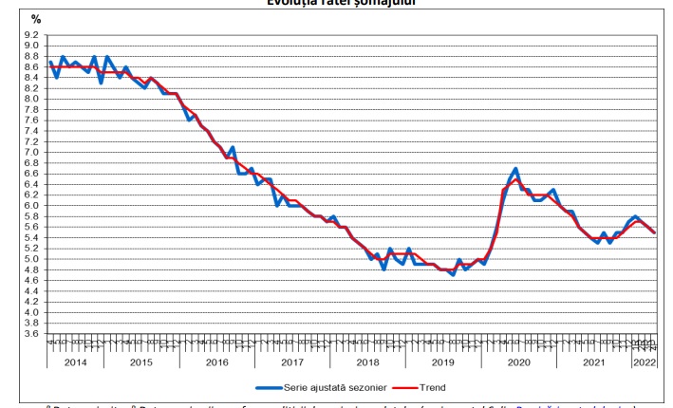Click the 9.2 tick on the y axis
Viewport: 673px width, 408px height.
(x=31, y=34)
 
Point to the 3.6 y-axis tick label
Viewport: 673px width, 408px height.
(x=31, y=334)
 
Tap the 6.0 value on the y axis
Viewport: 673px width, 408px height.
(x=31, y=205)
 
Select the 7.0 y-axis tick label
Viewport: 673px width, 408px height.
(x=31, y=152)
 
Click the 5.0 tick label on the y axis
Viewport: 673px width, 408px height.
(x=31, y=259)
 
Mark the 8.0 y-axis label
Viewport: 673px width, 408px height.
(x=31, y=99)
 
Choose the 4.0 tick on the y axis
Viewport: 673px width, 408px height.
(x=31, y=312)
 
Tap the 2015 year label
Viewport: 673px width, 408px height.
(x=140, y=362)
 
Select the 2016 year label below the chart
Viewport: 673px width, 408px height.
(x=216, y=362)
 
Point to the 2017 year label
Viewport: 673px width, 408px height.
(x=293, y=362)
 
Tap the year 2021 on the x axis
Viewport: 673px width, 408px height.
(x=595, y=362)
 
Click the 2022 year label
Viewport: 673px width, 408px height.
(x=643, y=362)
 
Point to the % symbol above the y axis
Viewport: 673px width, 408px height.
(x=36, y=19)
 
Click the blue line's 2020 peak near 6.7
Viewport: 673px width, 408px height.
(x=515, y=169)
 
